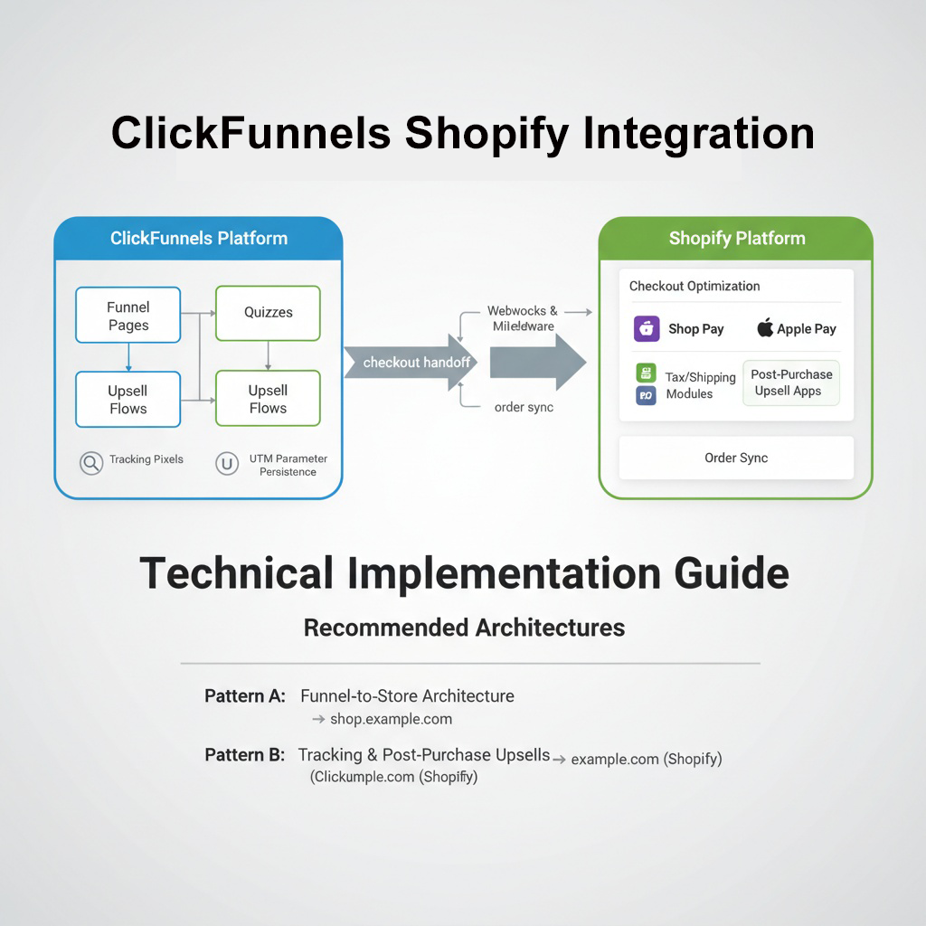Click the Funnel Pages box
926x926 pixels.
[x=128, y=316]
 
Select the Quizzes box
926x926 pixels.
[x=268, y=313]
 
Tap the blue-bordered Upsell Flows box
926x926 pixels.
[x=128, y=400]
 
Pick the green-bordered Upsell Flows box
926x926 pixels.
[x=268, y=399]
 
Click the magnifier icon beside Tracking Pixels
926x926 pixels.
[x=90, y=463]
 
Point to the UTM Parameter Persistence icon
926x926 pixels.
[x=226, y=464]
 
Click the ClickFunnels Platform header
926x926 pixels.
[x=198, y=239]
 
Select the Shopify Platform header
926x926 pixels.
[x=736, y=239]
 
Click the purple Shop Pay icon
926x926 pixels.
[x=647, y=329]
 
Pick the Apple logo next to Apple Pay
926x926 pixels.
[x=765, y=328]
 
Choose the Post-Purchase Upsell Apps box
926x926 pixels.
[x=791, y=383]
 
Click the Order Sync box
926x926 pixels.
[x=736, y=458]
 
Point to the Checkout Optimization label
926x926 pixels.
[x=694, y=287]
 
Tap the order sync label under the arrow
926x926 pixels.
[x=524, y=408]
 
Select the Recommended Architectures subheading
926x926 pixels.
[x=464, y=628]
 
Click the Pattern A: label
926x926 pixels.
[x=245, y=696]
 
